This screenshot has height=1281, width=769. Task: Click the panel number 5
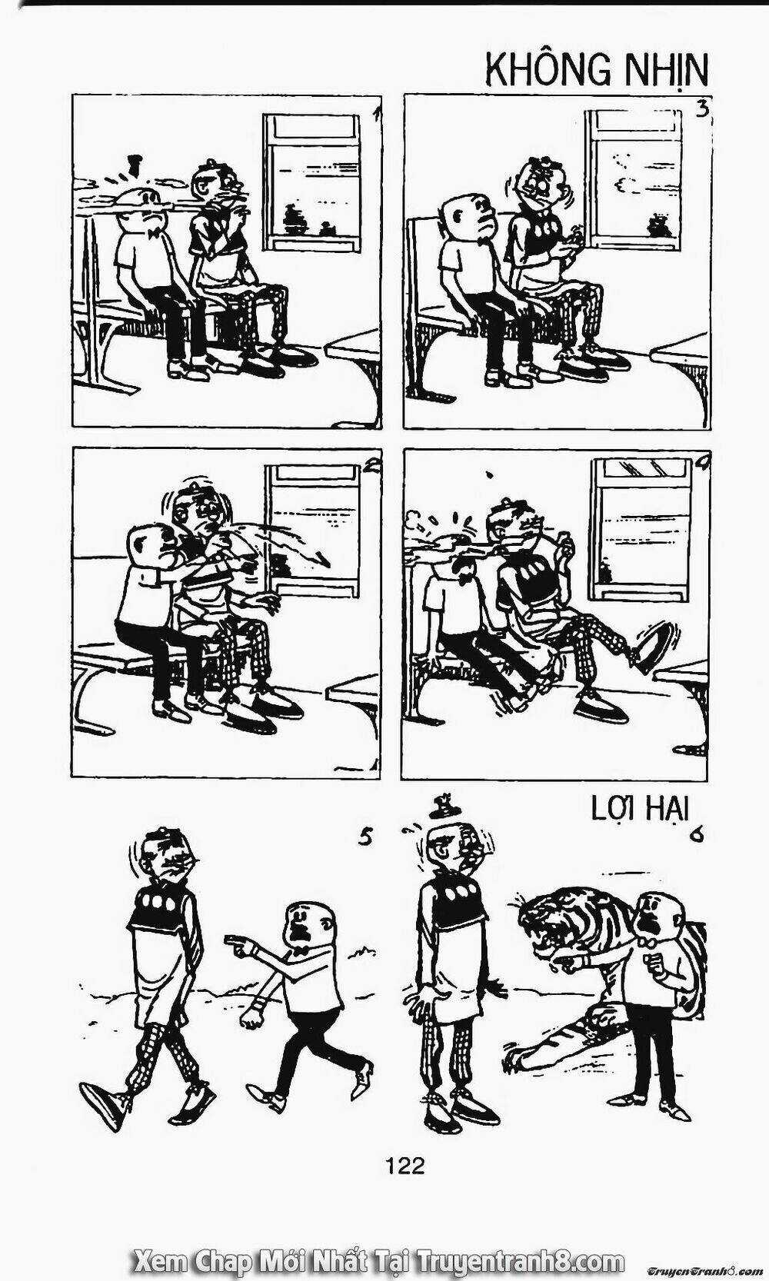pos(365,837)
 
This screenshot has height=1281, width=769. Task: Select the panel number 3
pos(702,108)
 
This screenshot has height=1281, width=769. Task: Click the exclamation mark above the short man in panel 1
pos(135,166)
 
